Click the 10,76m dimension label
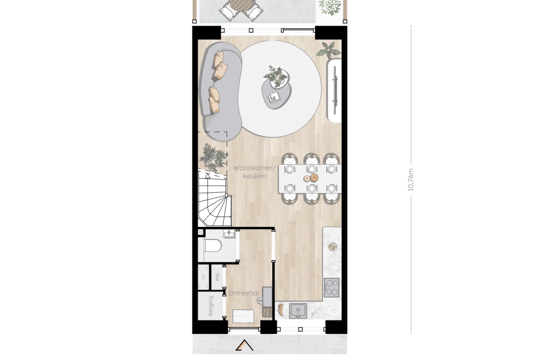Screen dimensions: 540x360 coord(410,180)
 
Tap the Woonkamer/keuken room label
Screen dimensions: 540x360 coord(254,172)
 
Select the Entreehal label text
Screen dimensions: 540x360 coord(243,293)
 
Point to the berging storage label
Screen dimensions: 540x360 coord(211,306)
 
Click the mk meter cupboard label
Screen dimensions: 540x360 coord(217,277)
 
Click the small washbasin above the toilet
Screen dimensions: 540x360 coord(229,234)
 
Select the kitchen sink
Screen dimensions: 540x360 coord(298,311)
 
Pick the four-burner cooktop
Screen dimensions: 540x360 coord(332,288)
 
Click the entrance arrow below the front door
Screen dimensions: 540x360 coord(244,345)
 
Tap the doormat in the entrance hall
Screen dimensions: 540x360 coord(243,316)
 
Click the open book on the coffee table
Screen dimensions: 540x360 coord(274,97)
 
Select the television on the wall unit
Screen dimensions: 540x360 coord(335,90)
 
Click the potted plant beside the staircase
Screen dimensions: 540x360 coord(213,157)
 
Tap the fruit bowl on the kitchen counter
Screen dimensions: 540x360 coord(332,247)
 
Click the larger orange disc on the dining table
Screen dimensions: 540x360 coord(314,178)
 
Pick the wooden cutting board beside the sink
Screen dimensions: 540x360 coord(281,310)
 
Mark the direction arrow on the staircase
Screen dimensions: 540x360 coord(207,175)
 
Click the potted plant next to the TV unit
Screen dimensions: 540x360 coord(329,50)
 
